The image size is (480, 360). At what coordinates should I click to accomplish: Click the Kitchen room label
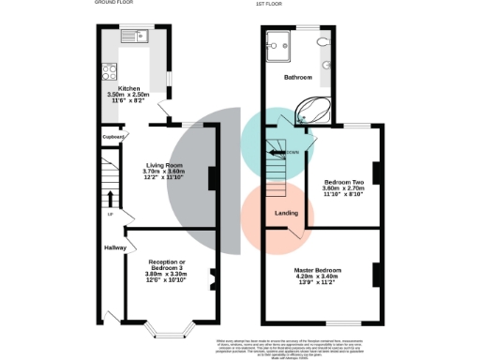pos(128,88)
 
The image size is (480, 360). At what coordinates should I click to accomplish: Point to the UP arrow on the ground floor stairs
pos(111,199)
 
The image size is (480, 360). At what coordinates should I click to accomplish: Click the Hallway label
pos(115,247)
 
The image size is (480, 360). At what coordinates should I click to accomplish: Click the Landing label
pos(286,214)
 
